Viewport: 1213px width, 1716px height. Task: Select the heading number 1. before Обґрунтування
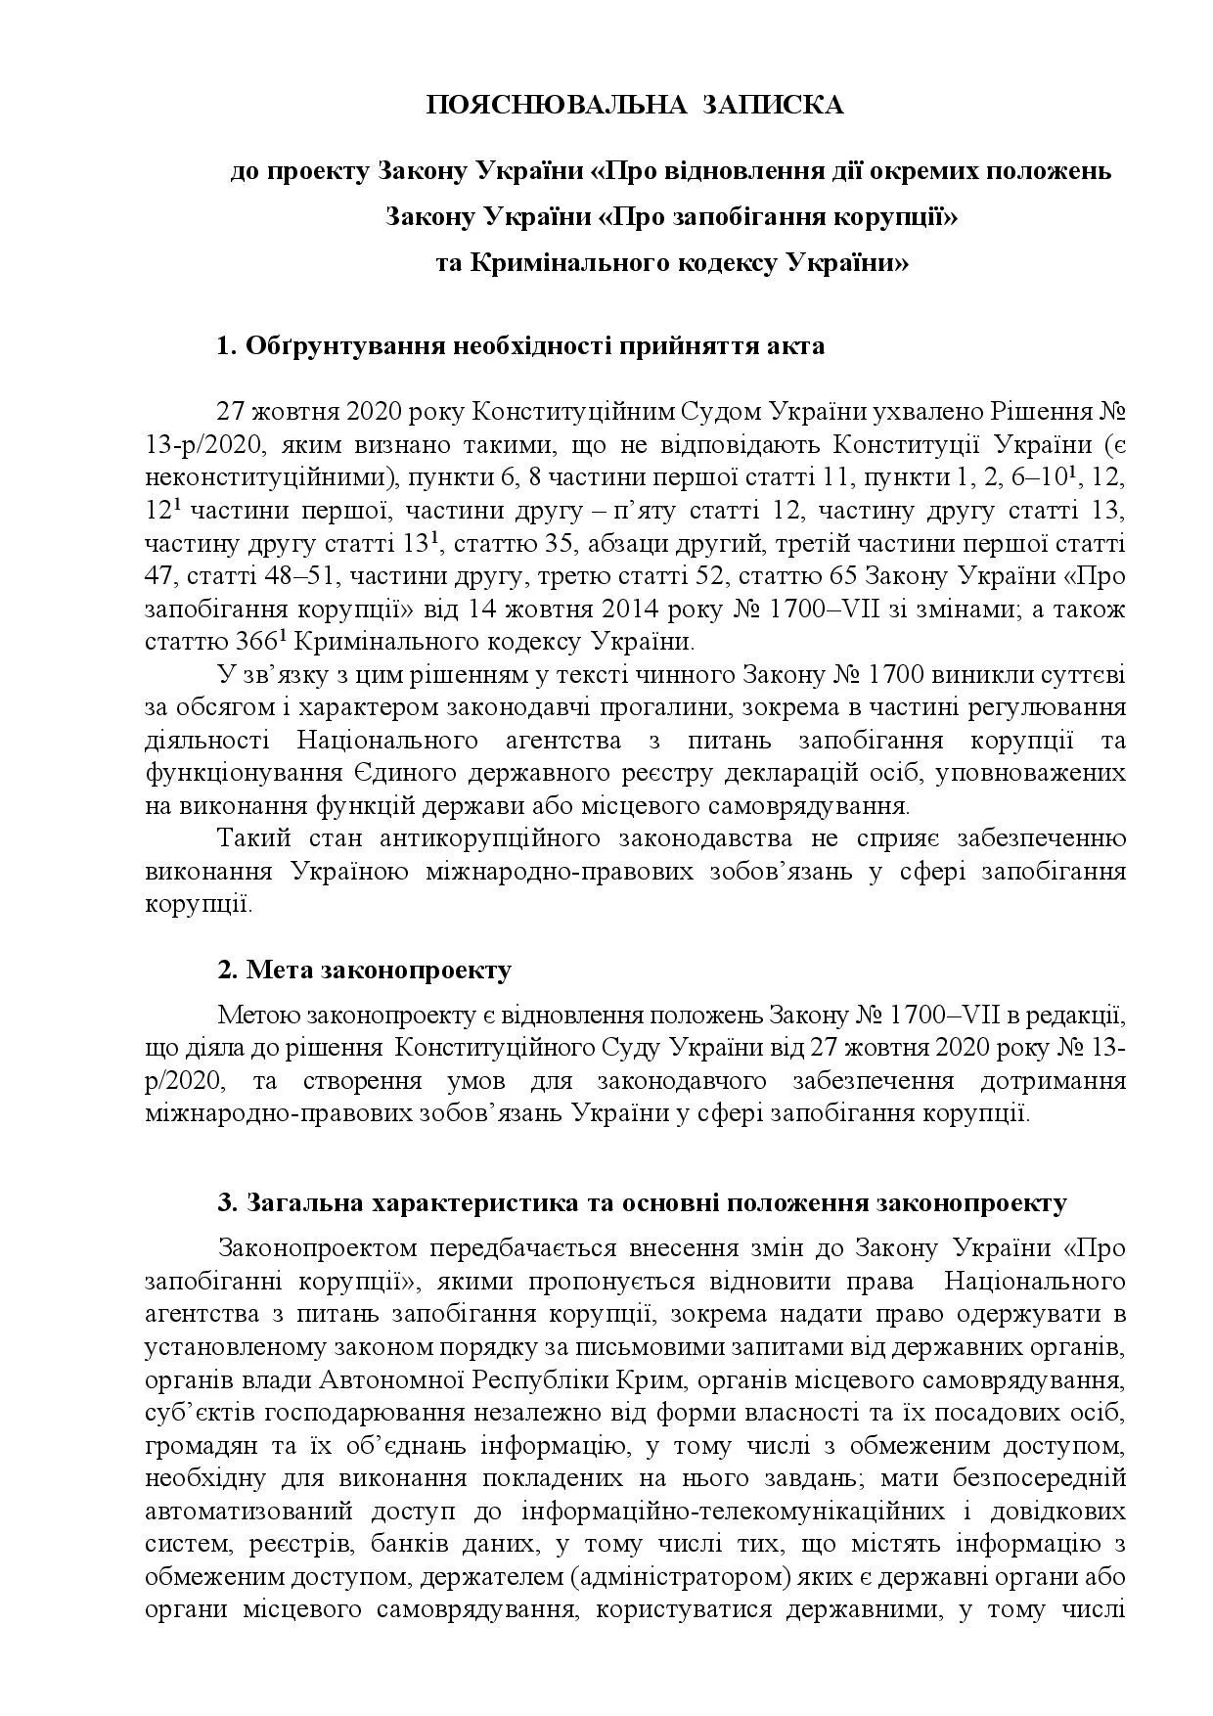[227, 346]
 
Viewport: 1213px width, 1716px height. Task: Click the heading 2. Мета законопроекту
[364, 971]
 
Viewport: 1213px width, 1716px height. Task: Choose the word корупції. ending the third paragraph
[199, 904]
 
